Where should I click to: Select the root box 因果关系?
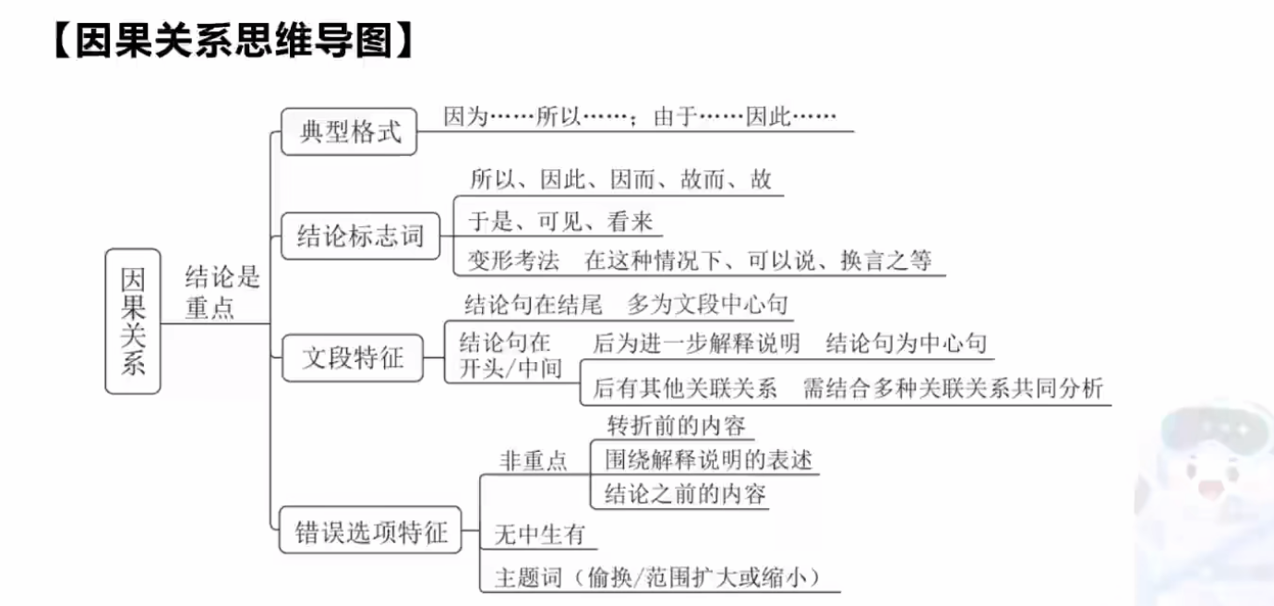pyautogui.click(x=133, y=321)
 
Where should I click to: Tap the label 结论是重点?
pyautogui.click(x=222, y=292)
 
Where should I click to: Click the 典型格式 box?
pyautogui.click(x=350, y=132)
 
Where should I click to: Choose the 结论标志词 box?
pyautogui.click(x=360, y=236)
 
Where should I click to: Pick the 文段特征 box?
pyautogui.click(x=353, y=358)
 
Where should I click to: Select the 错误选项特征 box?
pyautogui.click(x=371, y=531)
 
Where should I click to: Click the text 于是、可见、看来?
pyautogui.click(x=560, y=222)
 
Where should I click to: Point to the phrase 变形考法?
pyautogui.click(x=513, y=261)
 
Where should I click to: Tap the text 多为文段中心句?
pyautogui.click(x=707, y=304)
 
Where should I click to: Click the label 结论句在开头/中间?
pyautogui.click(x=511, y=356)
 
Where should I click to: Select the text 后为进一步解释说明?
pyautogui.click(x=696, y=344)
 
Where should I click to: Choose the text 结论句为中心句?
pyautogui.click(x=907, y=344)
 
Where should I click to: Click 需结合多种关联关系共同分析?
pyautogui.click(x=953, y=388)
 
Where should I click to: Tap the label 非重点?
pyautogui.click(x=534, y=460)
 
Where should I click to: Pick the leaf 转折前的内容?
pyautogui.click(x=676, y=426)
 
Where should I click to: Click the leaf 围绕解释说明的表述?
pyautogui.click(x=708, y=459)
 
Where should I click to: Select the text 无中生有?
pyautogui.click(x=540, y=533)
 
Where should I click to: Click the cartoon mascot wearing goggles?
pyautogui.click(x=1209, y=480)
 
